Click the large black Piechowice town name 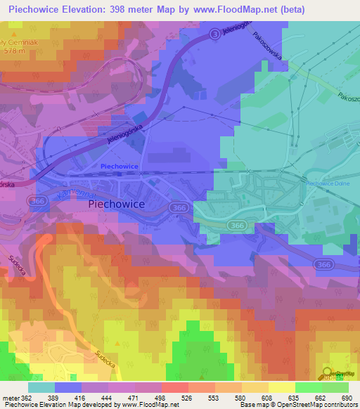[117, 204]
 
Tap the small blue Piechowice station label [120, 167]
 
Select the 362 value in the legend [27, 398]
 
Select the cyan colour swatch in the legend [41, 387]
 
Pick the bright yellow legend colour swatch [281, 387]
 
